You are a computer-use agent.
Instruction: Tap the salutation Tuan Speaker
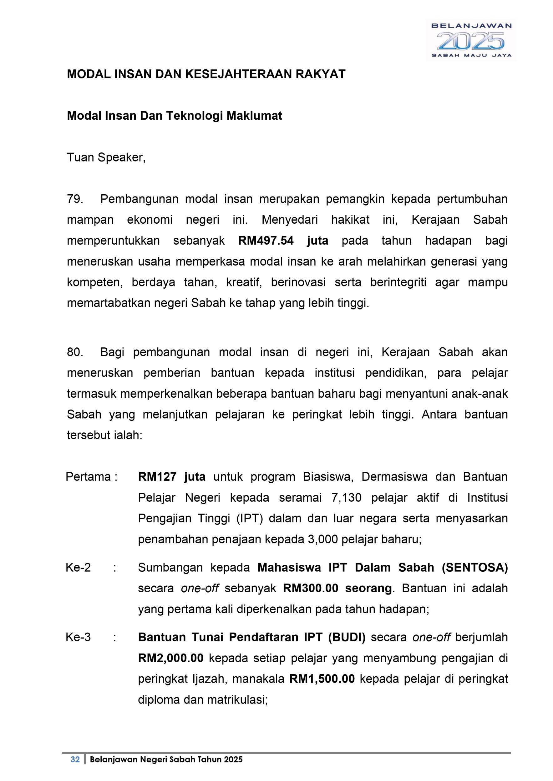point(106,157)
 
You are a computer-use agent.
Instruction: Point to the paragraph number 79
point(75,199)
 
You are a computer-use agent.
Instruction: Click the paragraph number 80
point(75,352)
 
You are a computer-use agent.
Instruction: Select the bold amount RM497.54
point(266,241)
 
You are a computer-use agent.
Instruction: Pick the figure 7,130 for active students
point(346,498)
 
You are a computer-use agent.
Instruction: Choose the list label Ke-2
point(78,568)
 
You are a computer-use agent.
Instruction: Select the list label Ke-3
point(78,637)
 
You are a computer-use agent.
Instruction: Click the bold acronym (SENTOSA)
point(475,568)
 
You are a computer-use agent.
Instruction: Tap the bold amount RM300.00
point(311,589)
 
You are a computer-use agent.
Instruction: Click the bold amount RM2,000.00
point(170,658)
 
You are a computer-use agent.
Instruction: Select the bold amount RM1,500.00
point(322,679)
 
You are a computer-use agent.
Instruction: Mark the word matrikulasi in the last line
point(236,700)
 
